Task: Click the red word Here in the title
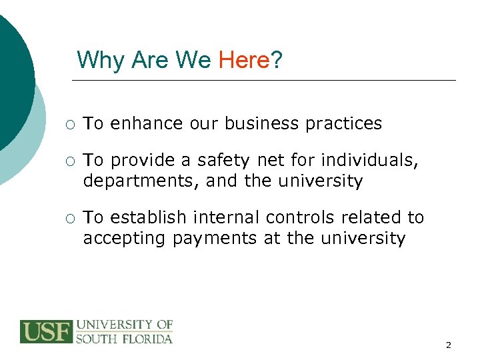[x=243, y=60]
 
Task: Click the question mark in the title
[x=276, y=60]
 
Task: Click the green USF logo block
[x=46, y=331]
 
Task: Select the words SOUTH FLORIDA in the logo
[x=124, y=338]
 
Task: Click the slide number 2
[x=448, y=345]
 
